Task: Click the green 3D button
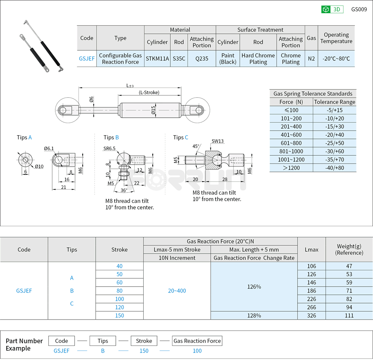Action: click(x=332, y=9)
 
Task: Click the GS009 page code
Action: click(x=359, y=9)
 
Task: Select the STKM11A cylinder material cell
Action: click(x=157, y=59)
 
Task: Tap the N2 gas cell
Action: click(x=311, y=59)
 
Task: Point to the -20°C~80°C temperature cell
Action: click(x=336, y=59)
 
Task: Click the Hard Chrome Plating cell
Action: click(x=258, y=59)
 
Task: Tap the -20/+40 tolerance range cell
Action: click(x=335, y=135)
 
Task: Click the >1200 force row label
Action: click(x=291, y=168)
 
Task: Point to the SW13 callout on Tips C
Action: click(x=218, y=141)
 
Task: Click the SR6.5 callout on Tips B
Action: click(x=110, y=149)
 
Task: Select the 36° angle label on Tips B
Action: click(x=123, y=191)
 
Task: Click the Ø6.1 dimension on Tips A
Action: click(x=49, y=149)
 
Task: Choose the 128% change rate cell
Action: click(x=254, y=315)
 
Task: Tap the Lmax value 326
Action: click(x=311, y=315)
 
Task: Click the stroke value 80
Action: click(x=119, y=291)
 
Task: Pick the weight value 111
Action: click(x=349, y=315)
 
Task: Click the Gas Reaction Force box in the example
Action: click(x=197, y=341)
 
